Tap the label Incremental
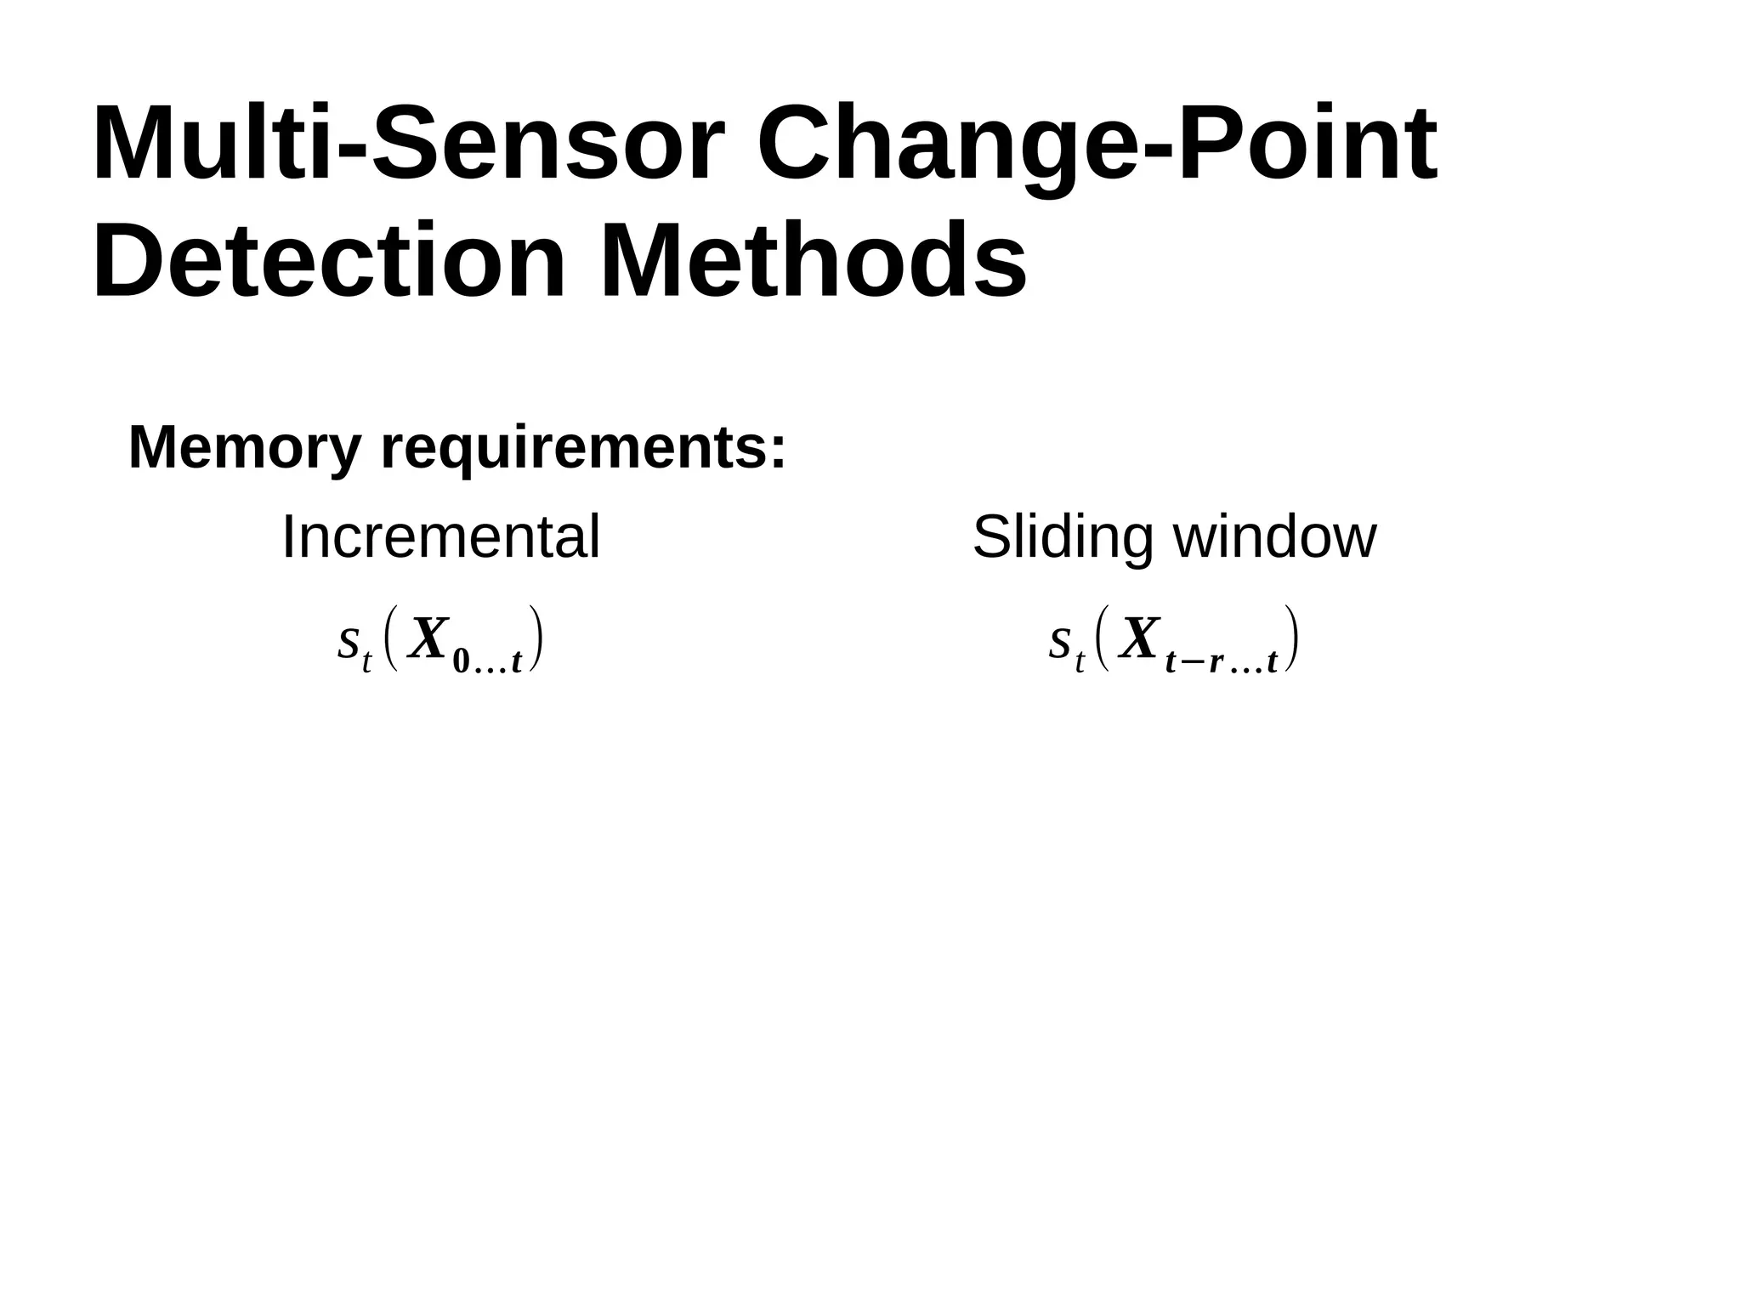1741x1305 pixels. pyautogui.click(x=440, y=537)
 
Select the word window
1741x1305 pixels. pyautogui.click(x=1274, y=537)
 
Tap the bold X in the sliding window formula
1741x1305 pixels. pyautogui.click(x=1139, y=639)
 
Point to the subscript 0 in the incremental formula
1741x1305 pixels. pyautogui.click(x=461, y=661)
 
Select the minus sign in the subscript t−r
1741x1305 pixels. pyautogui.click(x=1192, y=662)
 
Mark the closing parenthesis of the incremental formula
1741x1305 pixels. pyautogui.click(x=536, y=639)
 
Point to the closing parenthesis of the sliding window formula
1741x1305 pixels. pyautogui.click(x=1291, y=639)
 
